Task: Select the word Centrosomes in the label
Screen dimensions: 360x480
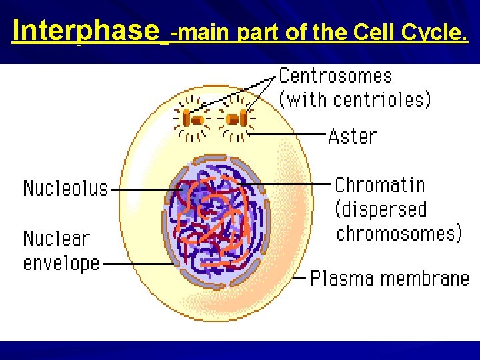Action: click(x=335, y=76)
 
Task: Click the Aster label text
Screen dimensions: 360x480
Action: click(x=353, y=136)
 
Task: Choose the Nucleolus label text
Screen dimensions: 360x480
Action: click(x=65, y=188)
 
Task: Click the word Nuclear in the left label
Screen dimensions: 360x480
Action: click(x=56, y=239)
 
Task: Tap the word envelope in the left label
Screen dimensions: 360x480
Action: click(x=61, y=263)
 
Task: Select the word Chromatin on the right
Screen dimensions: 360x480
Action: click(x=379, y=185)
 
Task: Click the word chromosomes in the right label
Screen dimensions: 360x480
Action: click(x=398, y=233)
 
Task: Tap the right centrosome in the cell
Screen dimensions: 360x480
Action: click(x=235, y=119)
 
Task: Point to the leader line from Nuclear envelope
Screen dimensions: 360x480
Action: click(x=137, y=263)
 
